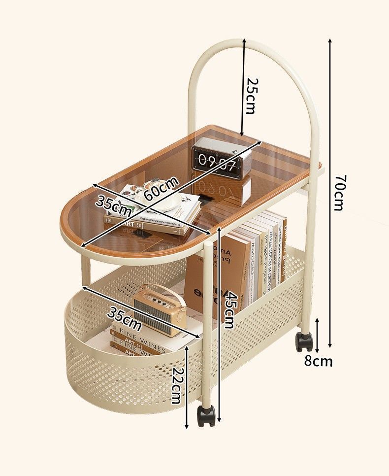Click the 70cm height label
coord(338,193)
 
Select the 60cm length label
coord(161,188)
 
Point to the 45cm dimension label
coord(228,310)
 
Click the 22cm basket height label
coord(176,386)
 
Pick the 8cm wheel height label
coord(318,361)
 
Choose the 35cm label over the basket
coord(125,320)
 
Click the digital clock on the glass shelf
coord(221,159)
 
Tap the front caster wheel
coord(206,416)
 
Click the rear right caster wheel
coord(304,341)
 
